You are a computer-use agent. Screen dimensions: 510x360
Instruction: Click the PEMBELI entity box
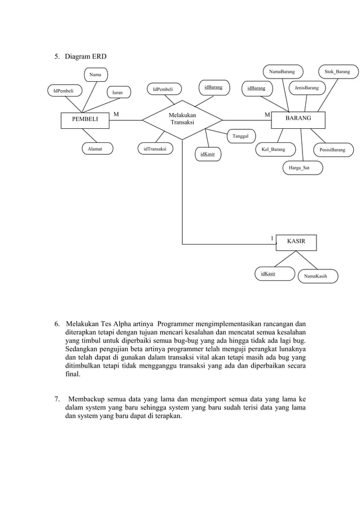[x=85, y=120]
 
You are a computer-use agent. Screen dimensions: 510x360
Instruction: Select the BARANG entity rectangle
[x=298, y=119]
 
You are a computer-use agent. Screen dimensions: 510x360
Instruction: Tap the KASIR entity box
[x=296, y=241]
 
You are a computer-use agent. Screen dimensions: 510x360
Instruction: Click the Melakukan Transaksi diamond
[x=182, y=119]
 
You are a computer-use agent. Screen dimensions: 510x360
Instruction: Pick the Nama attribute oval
[x=95, y=75]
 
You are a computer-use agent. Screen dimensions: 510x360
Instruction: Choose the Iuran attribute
[x=117, y=92]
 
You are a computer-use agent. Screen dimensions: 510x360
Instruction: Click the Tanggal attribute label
[x=240, y=136]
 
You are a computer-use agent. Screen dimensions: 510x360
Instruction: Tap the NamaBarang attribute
[x=282, y=72]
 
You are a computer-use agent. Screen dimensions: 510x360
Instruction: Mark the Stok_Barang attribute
[x=337, y=72]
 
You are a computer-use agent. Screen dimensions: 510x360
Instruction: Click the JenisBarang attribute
[x=306, y=88]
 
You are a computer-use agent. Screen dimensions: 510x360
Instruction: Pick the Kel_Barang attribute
[x=274, y=150]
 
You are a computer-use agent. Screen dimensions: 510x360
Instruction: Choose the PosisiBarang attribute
[x=332, y=150]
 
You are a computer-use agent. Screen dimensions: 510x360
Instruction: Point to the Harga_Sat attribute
[x=303, y=168]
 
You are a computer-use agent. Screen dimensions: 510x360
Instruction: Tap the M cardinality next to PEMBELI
[x=116, y=115]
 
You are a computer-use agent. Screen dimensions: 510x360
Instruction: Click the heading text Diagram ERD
[x=85, y=56]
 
